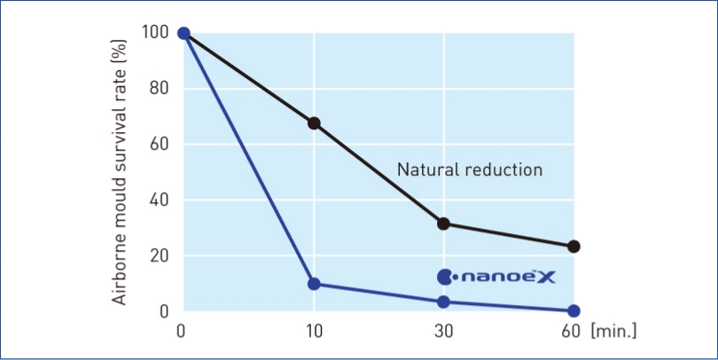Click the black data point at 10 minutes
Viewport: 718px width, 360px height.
click(x=314, y=123)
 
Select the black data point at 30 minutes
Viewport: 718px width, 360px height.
click(x=443, y=223)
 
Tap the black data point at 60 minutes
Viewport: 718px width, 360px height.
click(x=574, y=247)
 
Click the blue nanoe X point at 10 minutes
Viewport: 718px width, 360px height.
click(x=314, y=284)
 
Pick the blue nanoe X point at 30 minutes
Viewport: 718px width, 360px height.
click(x=443, y=302)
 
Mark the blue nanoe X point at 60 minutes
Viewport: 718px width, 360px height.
click(x=574, y=310)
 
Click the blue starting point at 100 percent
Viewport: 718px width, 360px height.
click(x=183, y=34)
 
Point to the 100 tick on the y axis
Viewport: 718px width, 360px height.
click(x=155, y=33)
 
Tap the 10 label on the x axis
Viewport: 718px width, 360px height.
click(x=314, y=332)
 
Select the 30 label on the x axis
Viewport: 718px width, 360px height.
click(x=443, y=332)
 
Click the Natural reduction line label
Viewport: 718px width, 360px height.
click(x=469, y=169)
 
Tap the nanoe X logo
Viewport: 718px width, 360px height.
click(x=496, y=277)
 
